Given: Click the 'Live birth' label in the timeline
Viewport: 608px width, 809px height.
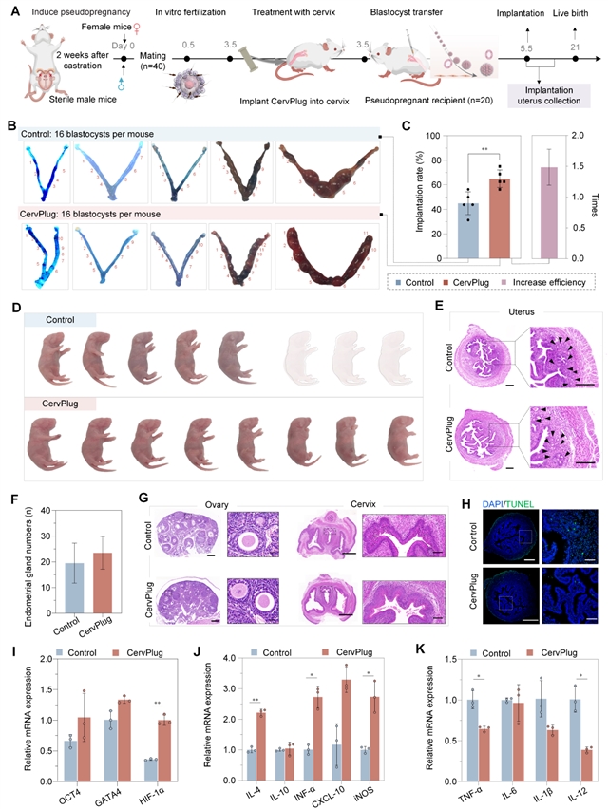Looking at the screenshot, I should [574, 28].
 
